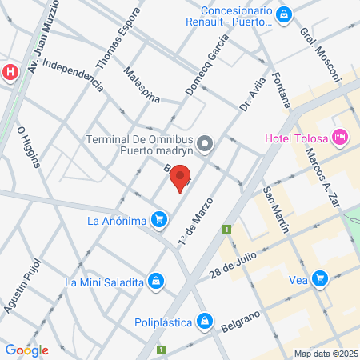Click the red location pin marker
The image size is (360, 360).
(x=181, y=178)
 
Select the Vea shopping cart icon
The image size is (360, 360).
(x=320, y=278)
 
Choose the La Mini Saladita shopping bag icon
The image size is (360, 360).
(x=157, y=282)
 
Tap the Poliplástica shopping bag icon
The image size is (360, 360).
(x=205, y=322)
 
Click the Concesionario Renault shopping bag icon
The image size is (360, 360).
(x=283, y=14)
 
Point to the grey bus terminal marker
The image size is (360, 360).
(x=206, y=144)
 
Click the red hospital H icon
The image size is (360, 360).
(x=10, y=72)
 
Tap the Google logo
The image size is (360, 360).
(x=26, y=350)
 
